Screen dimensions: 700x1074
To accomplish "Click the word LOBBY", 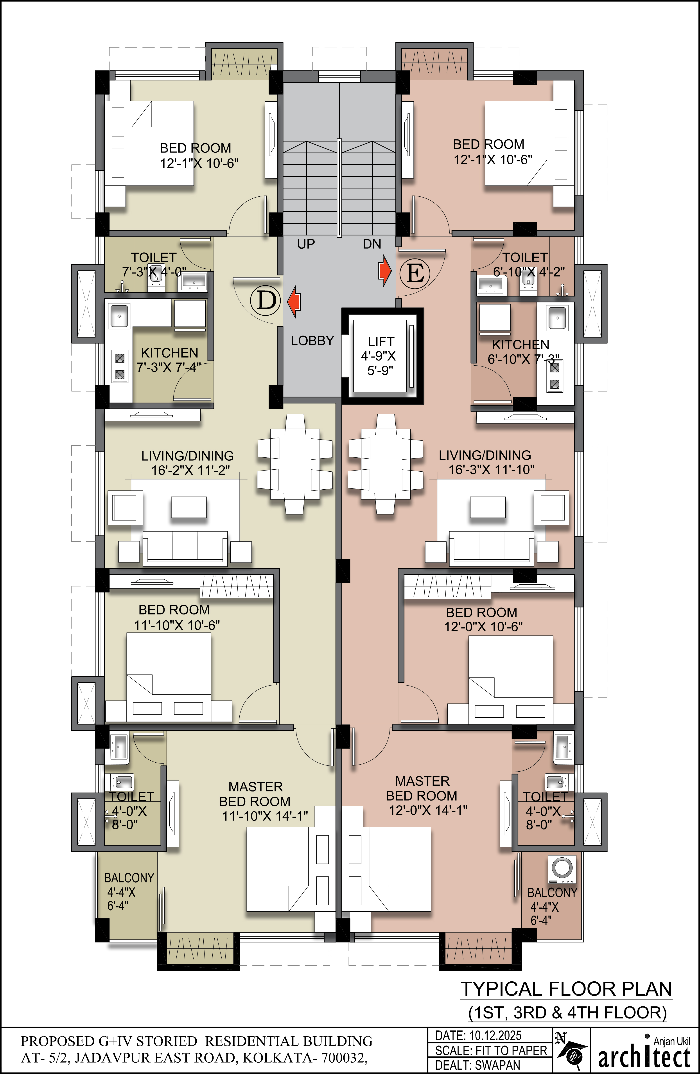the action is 312,341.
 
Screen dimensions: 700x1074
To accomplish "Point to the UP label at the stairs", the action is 306,244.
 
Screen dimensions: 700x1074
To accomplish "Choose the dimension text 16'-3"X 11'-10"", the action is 492,470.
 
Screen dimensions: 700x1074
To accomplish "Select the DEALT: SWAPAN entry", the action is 477,1065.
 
